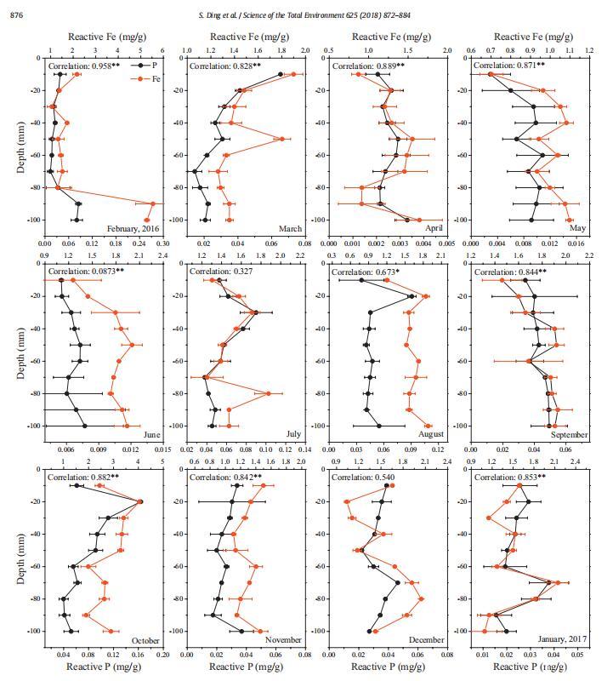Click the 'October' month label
[x=145, y=641]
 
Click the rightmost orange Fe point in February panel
[x=153, y=204]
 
